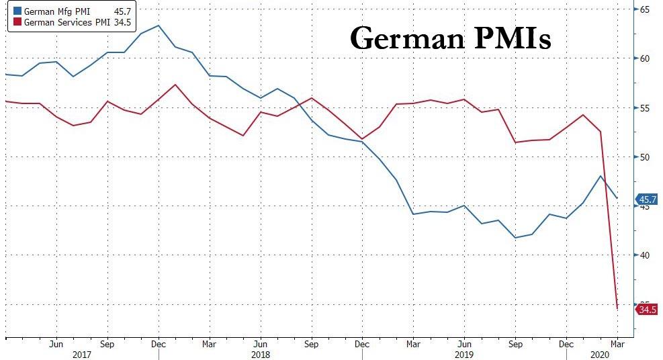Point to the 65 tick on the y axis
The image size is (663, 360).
coord(644,9)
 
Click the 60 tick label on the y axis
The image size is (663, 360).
coord(644,58)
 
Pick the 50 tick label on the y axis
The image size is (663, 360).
coord(644,157)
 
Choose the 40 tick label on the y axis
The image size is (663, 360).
coord(644,255)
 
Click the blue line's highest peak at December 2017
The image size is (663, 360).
coord(158,26)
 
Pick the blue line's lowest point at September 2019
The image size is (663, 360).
coord(515,238)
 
